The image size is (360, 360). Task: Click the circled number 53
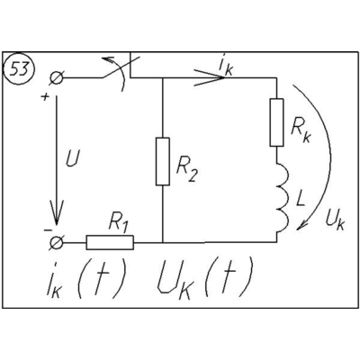pyautogui.click(x=19, y=69)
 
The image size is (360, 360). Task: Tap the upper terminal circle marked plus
pyautogui.click(x=56, y=78)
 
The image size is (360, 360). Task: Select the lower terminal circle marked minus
pyautogui.click(x=56, y=242)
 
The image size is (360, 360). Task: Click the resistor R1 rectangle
pyautogui.click(x=110, y=242)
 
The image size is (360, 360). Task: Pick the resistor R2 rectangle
pyautogui.click(x=163, y=161)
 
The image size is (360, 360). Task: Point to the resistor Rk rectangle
pyautogui.click(x=276, y=122)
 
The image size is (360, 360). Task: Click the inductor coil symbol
pyautogui.click(x=283, y=197)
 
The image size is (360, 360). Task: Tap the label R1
pyautogui.click(x=119, y=222)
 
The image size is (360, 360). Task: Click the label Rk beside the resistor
pyautogui.click(x=301, y=131)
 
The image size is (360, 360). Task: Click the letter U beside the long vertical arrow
pyautogui.click(x=73, y=160)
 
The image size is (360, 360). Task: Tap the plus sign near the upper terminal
pyautogui.click(x=45, y=97)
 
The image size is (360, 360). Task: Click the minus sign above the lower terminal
pyautogui.click(x=48, y=230)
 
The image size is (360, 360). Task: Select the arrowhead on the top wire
pyautogui.click(x=210, y=78)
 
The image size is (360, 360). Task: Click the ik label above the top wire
pyautogui.click(x=226, y=66)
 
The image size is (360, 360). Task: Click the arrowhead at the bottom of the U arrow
pyautogui.click(x=56, y=213)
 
